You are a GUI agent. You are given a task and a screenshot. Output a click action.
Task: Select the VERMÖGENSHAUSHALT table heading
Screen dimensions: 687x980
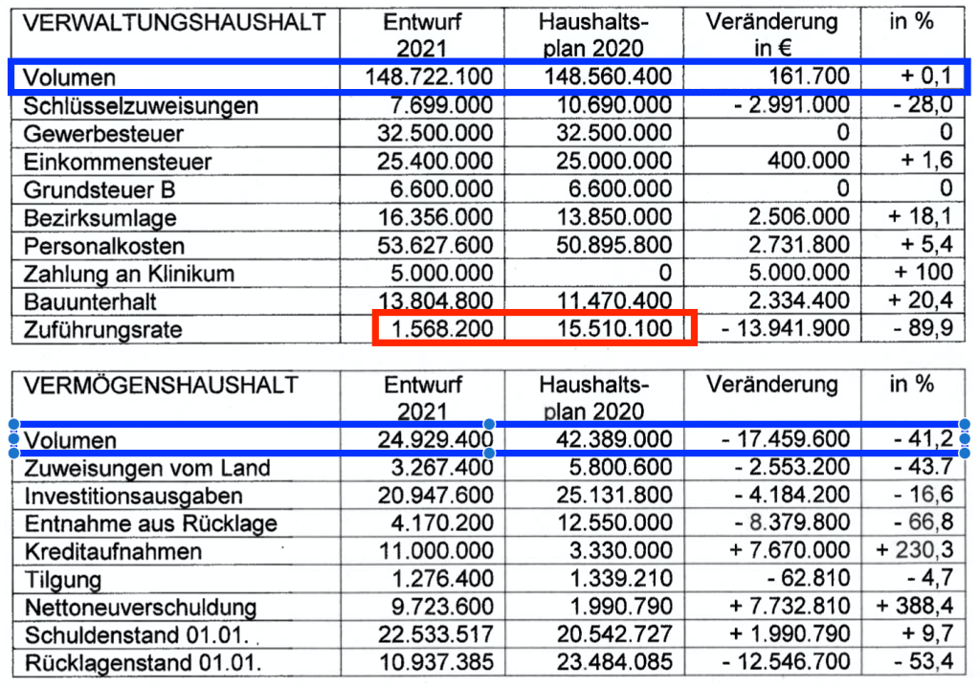tap(161, 386)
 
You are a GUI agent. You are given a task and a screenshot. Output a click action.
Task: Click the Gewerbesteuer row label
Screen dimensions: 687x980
tap(103, 133)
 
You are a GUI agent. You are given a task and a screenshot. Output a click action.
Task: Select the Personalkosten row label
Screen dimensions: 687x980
tap(104, 246)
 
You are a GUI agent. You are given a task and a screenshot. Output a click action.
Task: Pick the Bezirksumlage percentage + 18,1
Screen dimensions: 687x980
tap(920, 217)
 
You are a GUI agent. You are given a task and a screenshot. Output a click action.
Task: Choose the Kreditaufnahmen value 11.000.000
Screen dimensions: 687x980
tap(434, 551)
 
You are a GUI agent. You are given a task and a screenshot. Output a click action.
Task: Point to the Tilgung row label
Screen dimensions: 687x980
tap(63, 579)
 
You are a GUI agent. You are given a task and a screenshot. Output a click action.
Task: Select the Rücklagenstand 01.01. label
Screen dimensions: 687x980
tap(144, 662)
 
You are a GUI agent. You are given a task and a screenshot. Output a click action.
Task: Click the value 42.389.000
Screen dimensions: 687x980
tap(611, 440)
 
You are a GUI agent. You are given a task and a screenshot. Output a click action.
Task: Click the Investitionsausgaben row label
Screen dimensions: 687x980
tap(133, 496)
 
